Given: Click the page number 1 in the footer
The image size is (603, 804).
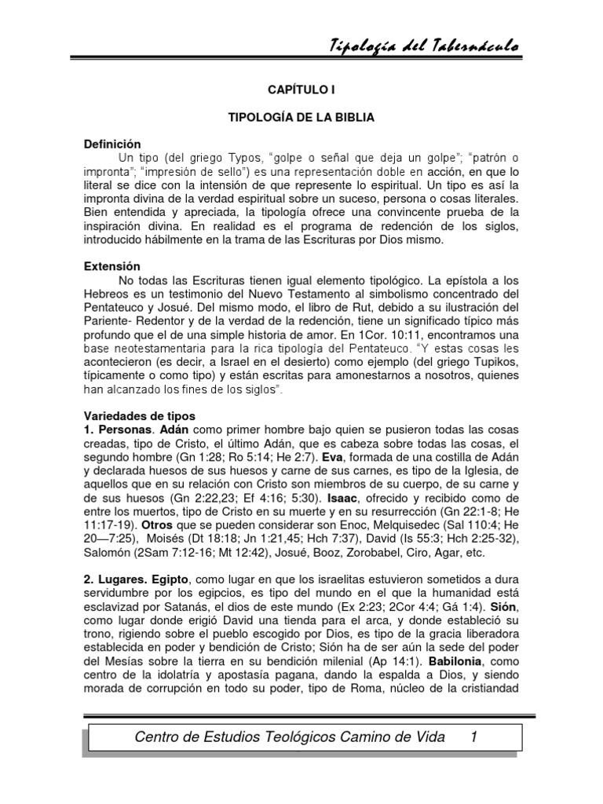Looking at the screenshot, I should point(473,736).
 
